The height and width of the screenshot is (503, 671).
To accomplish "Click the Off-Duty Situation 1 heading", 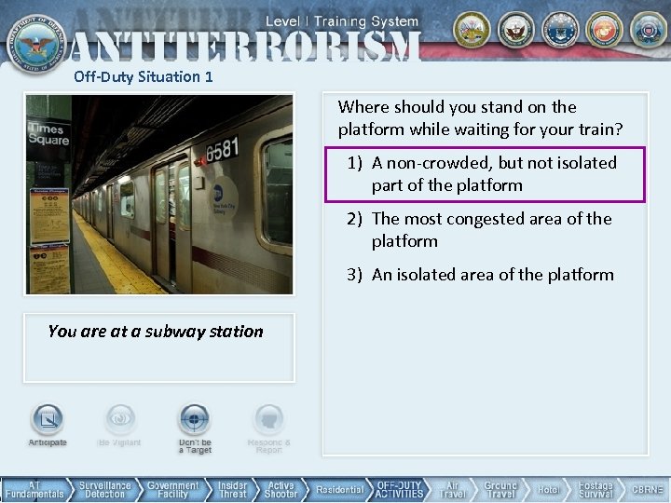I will point(144,77).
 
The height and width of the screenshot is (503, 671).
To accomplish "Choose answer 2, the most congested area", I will point(481,230).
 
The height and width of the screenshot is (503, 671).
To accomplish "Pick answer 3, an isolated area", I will point(481,275).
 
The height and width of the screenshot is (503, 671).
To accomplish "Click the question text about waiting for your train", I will point(480,118).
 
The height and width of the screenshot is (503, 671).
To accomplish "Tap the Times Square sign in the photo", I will point(48,134).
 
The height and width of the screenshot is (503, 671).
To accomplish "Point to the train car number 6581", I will point(222,147).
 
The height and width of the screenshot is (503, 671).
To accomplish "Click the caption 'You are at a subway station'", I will point(156,332).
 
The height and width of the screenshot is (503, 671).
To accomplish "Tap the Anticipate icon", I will point(48,421).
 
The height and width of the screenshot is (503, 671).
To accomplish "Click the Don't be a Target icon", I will point(195,421).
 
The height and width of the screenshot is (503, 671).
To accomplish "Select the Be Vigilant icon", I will point(119,421).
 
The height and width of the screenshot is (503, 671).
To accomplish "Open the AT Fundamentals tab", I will point(35,490).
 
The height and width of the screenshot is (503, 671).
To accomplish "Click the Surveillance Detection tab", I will point(104,490).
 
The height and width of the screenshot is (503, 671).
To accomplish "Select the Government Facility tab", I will point(173,490).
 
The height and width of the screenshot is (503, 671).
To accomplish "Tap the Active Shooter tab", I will point(281,490).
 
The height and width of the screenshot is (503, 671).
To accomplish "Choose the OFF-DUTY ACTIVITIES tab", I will point(400,490).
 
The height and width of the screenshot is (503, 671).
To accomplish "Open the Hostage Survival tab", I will point(596,490).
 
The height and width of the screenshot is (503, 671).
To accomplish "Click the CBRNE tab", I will point(647,490).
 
